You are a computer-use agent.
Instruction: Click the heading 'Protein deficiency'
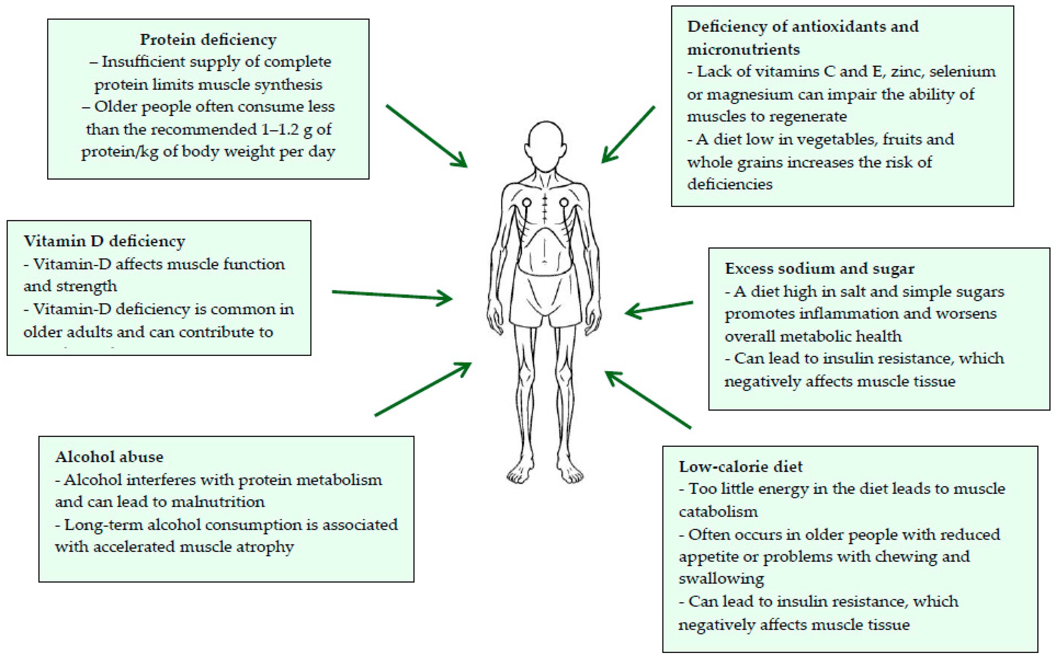coord(208,40)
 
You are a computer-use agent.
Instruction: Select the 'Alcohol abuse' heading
coord(109,457)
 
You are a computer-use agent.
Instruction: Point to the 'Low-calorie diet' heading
coord(740,467)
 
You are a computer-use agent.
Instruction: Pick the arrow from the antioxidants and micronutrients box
coord(628,135)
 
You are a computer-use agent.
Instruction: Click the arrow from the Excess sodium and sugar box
coord(659,308)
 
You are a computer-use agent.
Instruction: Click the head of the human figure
coord(546,146)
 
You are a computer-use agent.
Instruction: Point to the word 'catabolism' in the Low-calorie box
coord(718,512)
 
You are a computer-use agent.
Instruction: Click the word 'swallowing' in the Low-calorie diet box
coord(721,579)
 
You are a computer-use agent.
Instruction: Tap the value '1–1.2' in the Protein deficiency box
coord(281,130)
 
